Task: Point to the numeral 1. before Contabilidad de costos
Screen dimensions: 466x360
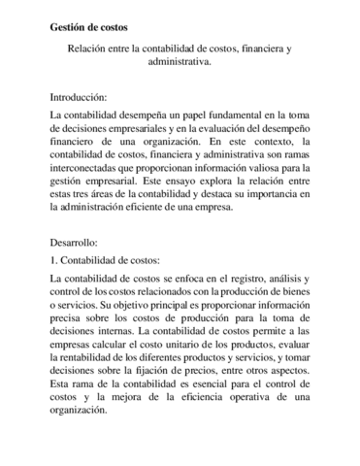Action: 53,261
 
